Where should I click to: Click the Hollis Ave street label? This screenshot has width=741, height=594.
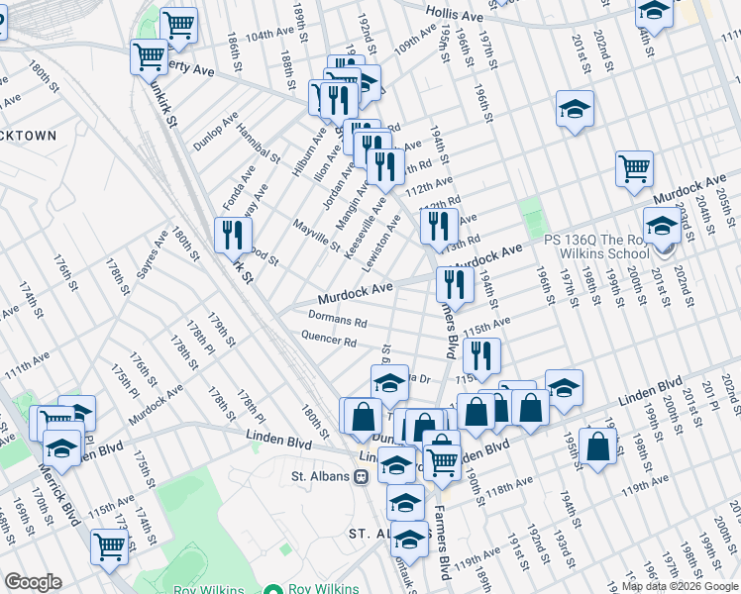pos(455,15)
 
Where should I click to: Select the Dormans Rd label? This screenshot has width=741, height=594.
pos(337,320)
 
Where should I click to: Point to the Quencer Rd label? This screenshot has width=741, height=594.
pos(329,341)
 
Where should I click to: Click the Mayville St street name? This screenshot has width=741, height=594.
pos(317,236)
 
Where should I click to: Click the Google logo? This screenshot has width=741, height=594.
pos(33,582)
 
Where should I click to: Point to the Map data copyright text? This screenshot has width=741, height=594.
pos(680,586)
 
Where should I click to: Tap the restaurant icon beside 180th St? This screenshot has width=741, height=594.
pos(227,235)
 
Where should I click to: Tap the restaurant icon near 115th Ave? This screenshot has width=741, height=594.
pos(481,356)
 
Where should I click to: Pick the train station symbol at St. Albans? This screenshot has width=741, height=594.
pos(362,476)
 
